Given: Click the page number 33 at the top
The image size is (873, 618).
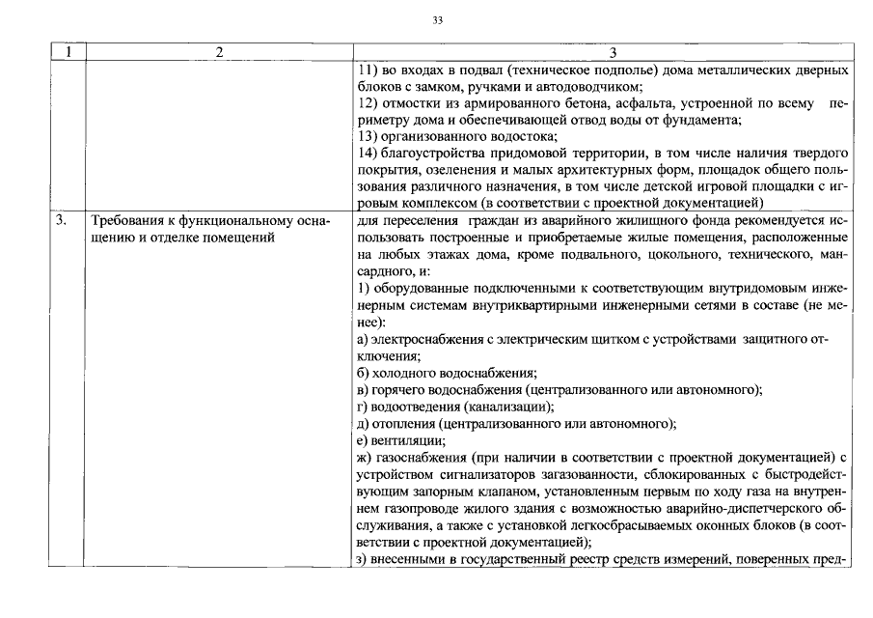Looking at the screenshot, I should pos(437,19).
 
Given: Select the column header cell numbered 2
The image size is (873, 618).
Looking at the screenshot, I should pos(219,52).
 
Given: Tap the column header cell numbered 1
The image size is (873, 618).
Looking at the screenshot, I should pos(68,52).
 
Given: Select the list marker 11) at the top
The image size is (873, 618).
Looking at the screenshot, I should pos(365,70).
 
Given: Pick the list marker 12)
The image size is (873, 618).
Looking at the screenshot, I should pos(366,103).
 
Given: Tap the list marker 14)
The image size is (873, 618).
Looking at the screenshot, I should pos(366,154).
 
